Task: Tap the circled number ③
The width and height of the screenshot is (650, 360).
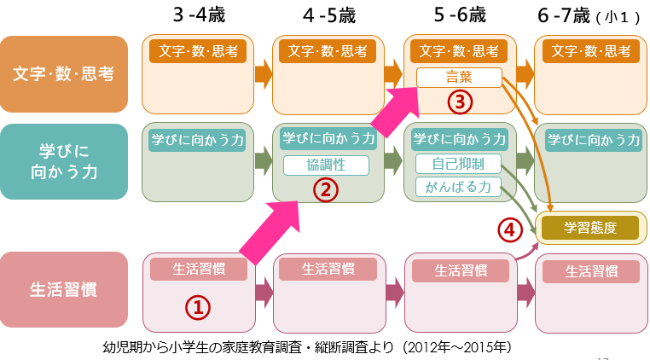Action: [459, 102]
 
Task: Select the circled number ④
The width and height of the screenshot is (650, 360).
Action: [509, 229]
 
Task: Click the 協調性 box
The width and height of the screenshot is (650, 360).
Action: [325, 165]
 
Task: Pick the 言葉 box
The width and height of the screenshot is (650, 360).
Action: [458, 78]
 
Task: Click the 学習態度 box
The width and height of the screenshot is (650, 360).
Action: [589, 229]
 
